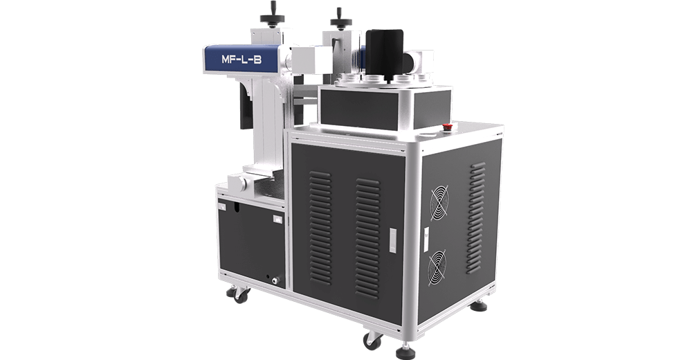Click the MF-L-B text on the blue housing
pyautogui.click(x=242, y=59)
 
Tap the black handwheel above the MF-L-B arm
pyautogui.click(x=272, y=17)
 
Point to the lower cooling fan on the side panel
pyautogui.click(x=437, y=268)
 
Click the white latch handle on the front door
pyautogui.click(x=393, y=240)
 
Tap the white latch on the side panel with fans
pyautogui.click(x=426, y=240)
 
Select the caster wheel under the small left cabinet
pyautogui.click(x=239, y=294)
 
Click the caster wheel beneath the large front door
pyautogui.click(x=372, y=340)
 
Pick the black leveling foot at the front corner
pyautogui.click(x=406, y=352)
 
